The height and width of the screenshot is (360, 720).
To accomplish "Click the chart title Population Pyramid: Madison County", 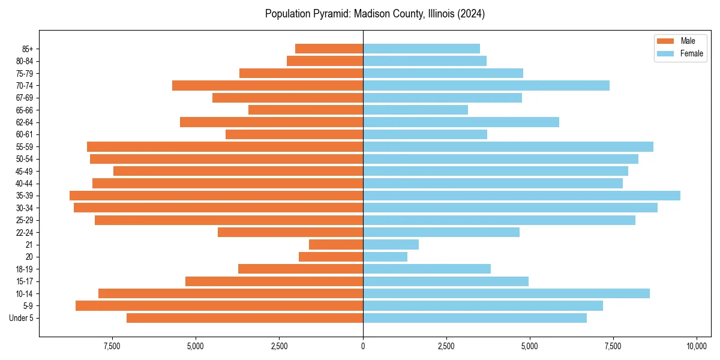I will pos(375,14).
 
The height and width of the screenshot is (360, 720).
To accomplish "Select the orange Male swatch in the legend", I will pos(665,41).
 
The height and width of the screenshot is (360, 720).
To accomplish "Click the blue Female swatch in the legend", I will pos(665,53).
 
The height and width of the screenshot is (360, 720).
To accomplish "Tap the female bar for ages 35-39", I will pos(521,196).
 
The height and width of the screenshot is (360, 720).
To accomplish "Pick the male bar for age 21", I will pos(336,244).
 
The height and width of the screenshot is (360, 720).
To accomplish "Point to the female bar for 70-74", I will pos(486,85).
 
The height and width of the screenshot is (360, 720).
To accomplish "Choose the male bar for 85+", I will pos(329,49).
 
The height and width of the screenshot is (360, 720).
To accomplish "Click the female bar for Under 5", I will pos(475,318).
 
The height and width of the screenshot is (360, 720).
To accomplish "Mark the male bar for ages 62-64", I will pos(271,122).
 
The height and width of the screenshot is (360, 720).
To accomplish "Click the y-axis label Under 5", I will pos(21,318).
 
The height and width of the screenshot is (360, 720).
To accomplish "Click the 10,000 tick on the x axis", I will pos(696,347).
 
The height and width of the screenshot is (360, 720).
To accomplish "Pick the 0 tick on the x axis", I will pos(363,347).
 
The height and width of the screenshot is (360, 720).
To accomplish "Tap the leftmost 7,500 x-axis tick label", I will pos(113,347).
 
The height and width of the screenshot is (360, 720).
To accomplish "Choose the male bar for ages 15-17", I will pos(274,281).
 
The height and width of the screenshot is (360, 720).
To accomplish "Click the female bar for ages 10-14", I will pos(506,293).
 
